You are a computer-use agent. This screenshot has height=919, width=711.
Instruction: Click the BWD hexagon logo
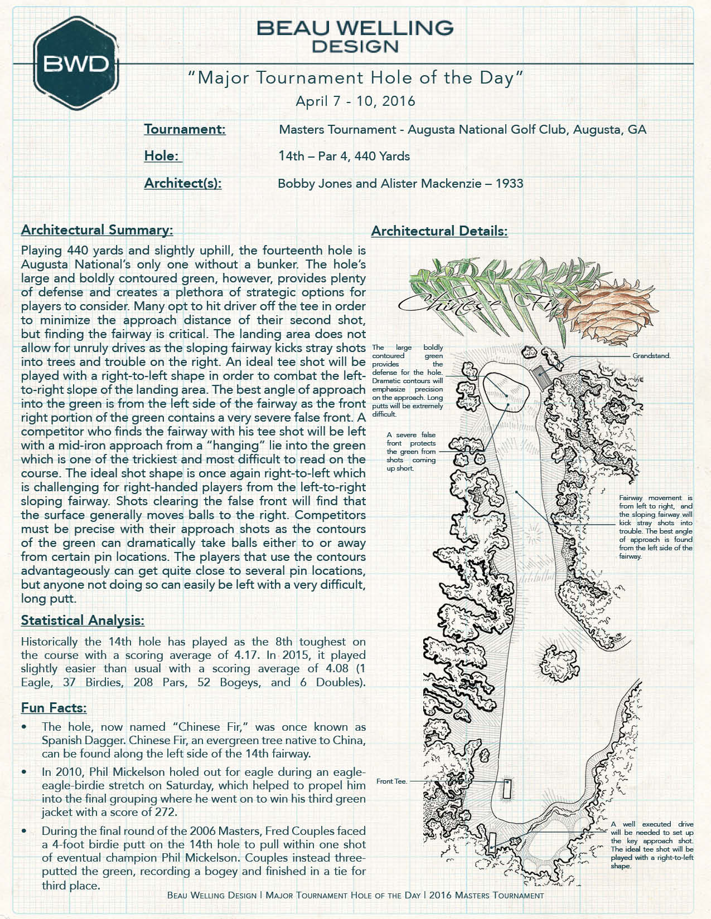tap(76, 64)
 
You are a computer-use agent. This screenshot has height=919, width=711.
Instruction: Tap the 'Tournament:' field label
tap(185, 129)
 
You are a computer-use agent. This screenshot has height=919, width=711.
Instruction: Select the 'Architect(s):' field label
tap(182, 183)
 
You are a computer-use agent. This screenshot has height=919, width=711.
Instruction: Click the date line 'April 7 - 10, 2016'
tap(355, 101)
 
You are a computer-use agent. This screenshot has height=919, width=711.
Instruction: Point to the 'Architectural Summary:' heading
tap(97, 230)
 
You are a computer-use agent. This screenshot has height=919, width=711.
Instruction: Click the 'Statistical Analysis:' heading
tap(83, 620)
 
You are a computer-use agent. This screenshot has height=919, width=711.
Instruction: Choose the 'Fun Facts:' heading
tap(54, 708)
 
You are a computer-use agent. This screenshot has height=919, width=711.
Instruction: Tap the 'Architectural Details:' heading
tap(439, 231)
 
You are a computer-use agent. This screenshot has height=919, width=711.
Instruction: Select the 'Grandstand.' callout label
tap(651, 356)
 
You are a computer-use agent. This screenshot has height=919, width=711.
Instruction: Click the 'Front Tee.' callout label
tap(391, 781)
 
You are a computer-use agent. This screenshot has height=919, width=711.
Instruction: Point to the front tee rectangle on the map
tap(506, 789)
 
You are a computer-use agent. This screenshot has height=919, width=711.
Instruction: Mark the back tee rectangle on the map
tap(492, 842)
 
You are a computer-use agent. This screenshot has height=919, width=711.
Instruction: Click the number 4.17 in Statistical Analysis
tap(246, 655)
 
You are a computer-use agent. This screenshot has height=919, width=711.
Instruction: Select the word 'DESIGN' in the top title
tap(355, 46)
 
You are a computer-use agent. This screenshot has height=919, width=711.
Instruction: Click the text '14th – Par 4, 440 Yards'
tap(344, 156)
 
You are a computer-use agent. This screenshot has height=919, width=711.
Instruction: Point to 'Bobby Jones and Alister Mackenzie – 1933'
tap(400, 183)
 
